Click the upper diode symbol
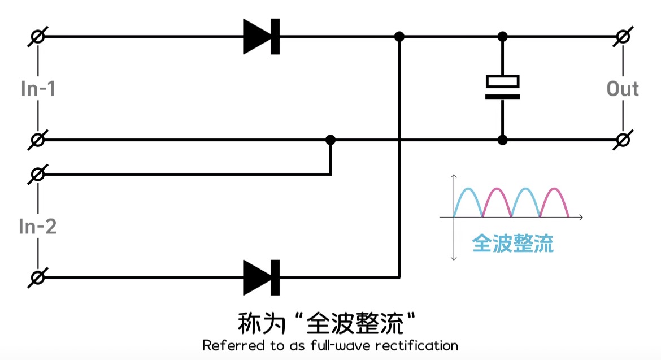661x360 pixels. [262, 37]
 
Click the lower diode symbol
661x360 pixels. [262, 277]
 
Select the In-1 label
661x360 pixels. [38, 89]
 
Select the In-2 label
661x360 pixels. [38, 227]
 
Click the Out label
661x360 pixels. [623, 89]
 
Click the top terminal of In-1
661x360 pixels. [38, 37]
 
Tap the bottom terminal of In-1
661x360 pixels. [38, 140]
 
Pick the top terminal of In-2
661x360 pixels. [38, 175]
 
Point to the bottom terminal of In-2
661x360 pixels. [38, 277]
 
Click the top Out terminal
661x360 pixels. [623, 37]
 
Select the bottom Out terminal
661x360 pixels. [623, 140]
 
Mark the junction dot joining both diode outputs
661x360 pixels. [399, 37]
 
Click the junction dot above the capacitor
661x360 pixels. [502, 37]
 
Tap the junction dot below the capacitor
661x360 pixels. [502, 140]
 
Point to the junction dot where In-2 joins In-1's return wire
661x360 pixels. [330, 140]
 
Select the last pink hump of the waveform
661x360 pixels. [554, 195]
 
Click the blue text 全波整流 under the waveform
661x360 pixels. [512, 244]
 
